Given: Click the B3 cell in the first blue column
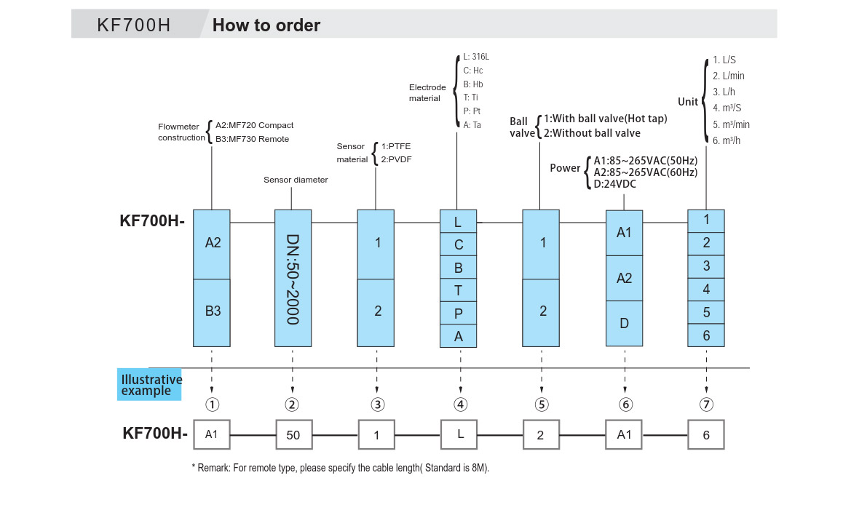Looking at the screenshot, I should click(212, 311).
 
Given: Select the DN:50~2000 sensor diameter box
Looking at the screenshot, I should click(293, 278).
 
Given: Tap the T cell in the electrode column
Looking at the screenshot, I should click(459, 290).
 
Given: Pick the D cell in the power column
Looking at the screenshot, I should click(624, 323).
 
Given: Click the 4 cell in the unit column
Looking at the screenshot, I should click(706, 289).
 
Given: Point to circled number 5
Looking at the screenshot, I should click(541, 405).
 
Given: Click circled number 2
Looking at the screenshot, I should click(292, 405).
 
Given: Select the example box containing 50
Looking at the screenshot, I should click(293, 435).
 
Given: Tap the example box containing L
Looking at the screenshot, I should click(460, 434).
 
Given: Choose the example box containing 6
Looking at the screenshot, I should click(706, 435).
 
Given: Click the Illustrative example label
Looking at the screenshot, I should click(150, 385).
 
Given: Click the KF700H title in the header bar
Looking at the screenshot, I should click(134, 25).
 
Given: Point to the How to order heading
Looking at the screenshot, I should click(266, 25).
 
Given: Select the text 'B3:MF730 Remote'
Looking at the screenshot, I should click(253, 139).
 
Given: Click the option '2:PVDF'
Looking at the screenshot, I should click(396, 159).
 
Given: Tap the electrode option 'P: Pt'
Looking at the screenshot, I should click(472, 111).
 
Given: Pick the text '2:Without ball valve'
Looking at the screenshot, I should click(592, 133).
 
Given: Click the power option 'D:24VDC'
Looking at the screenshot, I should click(615, 184).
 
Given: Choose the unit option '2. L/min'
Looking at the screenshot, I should click(729, 76).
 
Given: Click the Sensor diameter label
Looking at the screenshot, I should click(296, 180).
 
